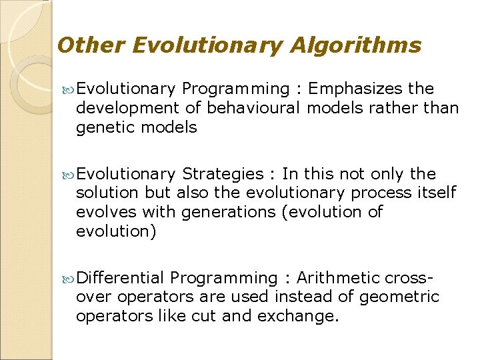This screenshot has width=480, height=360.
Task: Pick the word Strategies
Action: (x=223, y=175)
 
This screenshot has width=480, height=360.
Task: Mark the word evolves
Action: (x=103, y=212)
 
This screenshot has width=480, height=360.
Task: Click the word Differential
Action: (x=120, y=277)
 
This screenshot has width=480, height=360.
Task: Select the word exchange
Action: (x=303, y=315)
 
